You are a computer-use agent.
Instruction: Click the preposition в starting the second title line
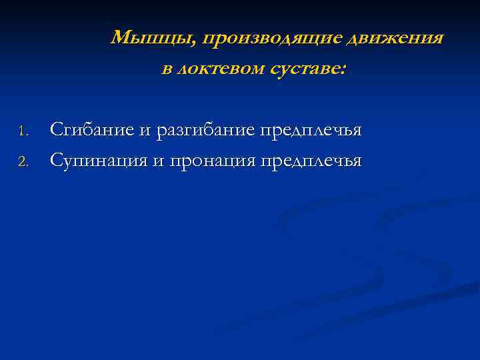[167, 69]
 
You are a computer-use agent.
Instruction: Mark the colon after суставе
[343, 70]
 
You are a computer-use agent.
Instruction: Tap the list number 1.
[22, 131]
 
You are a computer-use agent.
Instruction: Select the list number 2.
[22, 161]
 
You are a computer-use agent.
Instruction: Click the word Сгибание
[93, 130]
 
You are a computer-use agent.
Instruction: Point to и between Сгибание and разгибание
[146, 131]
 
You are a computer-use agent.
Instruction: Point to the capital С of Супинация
[57, 161]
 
